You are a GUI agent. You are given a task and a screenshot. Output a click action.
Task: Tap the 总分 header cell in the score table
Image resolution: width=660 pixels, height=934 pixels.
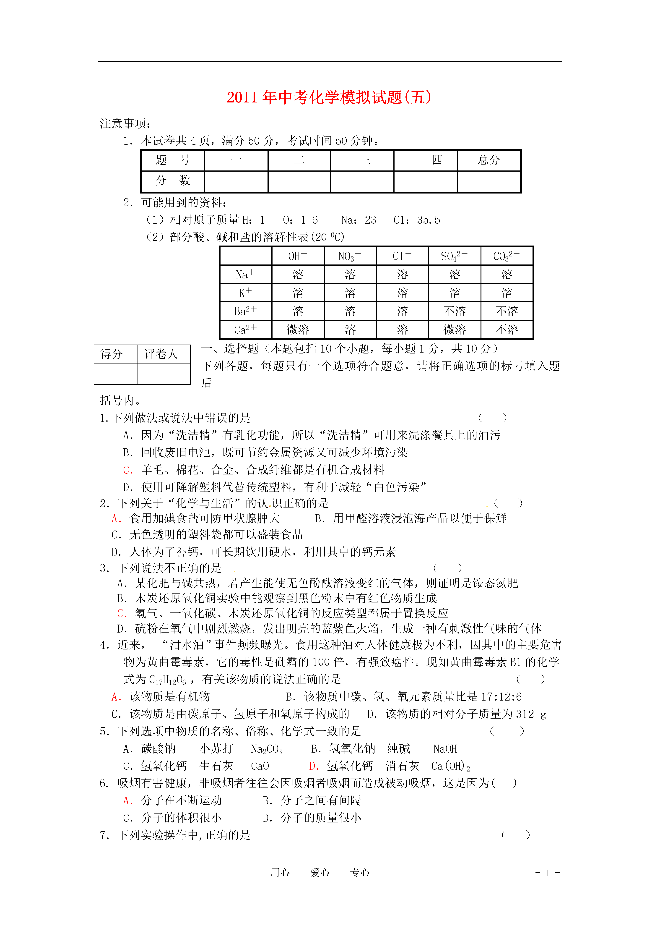click(x=489, y=160)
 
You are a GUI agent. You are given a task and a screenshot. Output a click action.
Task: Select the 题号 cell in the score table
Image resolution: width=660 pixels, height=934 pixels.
click(x=172, y=160)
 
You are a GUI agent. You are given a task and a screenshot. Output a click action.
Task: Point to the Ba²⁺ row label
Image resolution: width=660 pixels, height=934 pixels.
click(x=245, y=311)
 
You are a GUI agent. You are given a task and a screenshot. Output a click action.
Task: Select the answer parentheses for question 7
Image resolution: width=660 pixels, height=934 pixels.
click(x=516, y=835)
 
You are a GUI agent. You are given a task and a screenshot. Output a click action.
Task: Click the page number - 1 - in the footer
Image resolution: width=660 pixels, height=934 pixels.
click(x=547, y=873)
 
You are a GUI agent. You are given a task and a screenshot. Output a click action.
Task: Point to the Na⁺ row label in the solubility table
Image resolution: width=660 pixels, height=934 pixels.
click(x=245, y=275)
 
